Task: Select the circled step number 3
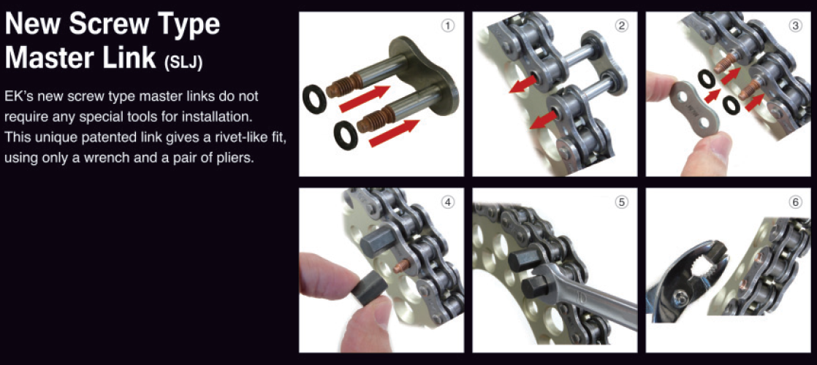coord(794,25)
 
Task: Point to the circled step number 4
coord(446,203)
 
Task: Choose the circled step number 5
coord(620,203)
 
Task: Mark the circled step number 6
coord(794,203)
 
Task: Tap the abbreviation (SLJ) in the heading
coord(183,63)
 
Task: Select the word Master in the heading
coord(50,58)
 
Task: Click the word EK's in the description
coord(18,97)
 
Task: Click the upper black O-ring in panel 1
coord(314,100)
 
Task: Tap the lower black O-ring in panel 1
coord(346,135)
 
